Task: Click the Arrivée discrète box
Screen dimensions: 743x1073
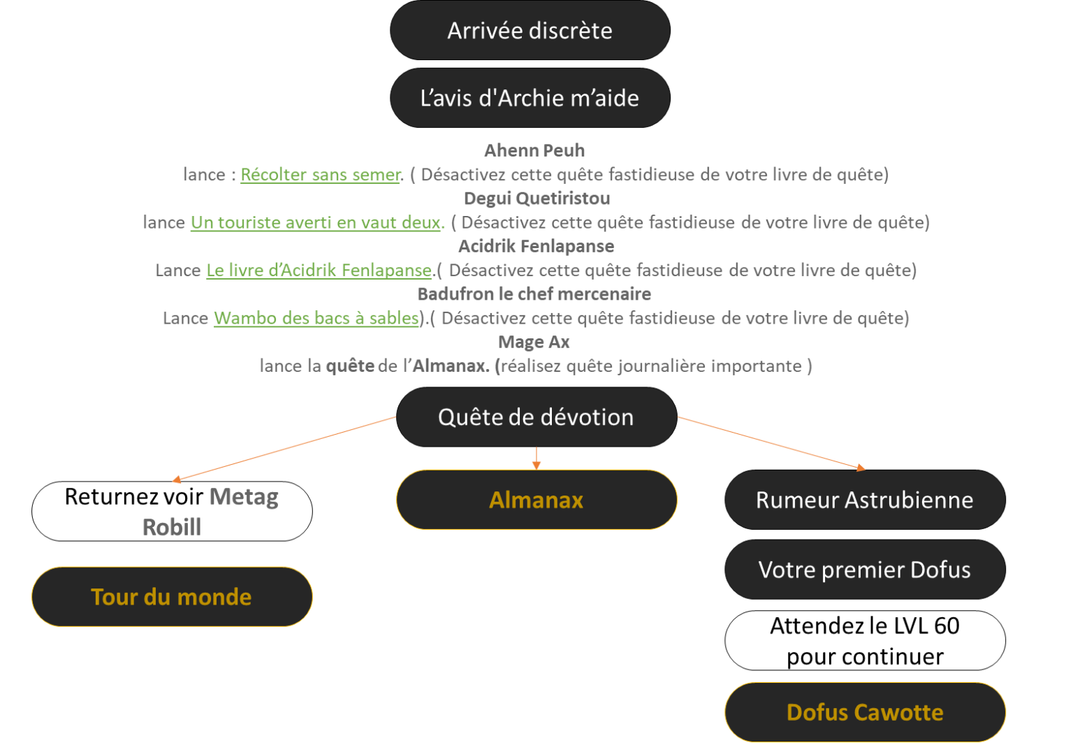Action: coord(530,31)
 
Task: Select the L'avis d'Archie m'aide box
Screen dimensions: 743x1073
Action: coord(530,98)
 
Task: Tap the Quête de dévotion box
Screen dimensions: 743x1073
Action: coord(536,417)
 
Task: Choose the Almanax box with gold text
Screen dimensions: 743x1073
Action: coord(536,500)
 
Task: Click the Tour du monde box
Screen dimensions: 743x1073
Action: coord(171,597)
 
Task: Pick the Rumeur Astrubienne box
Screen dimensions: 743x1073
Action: coord(864,500)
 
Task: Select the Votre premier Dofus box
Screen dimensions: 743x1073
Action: coord(864,570)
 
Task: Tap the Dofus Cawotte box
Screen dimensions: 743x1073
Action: coord(865,712)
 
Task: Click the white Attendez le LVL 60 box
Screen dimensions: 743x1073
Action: coord(864,641)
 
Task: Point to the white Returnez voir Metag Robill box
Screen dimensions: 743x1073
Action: coord(171,511)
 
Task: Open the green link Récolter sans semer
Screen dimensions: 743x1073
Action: coord(321,175)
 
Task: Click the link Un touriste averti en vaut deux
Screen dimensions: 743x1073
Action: coord(316,223)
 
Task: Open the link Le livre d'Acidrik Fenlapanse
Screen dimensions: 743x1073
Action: coord(319,270)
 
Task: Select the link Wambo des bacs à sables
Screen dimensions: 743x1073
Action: coord(316,318)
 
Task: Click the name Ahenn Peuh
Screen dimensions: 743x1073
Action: coord(534,150)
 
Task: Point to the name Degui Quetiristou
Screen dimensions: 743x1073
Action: coord(536,199)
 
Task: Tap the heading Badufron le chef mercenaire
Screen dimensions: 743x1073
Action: coord(534,294)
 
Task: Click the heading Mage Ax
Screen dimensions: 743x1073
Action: coord(534,342)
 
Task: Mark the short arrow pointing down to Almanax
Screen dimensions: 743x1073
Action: coord(536,458)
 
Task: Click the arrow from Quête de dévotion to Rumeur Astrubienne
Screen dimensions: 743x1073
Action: coord(772,442)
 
